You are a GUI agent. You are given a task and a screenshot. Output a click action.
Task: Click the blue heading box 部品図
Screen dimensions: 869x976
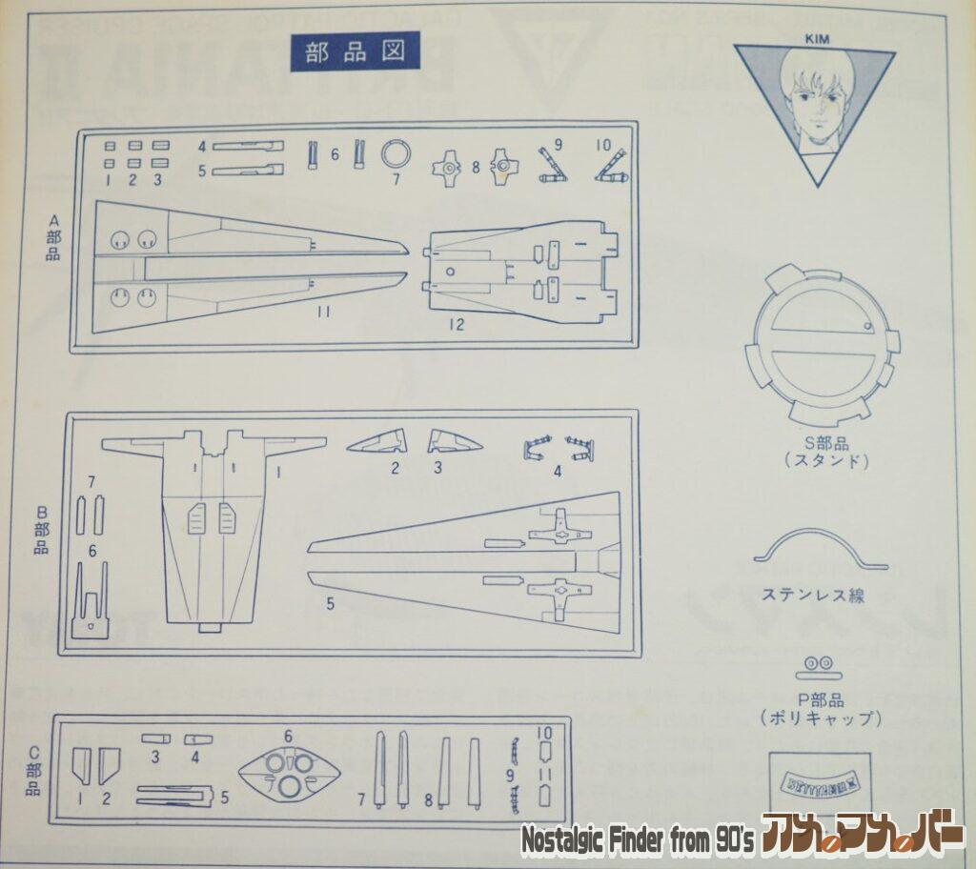(x=355, y=52)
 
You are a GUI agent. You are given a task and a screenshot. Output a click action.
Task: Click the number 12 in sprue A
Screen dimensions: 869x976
(x=456, y=325)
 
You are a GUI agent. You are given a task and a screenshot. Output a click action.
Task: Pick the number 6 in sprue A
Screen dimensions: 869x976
(x=335, y=153)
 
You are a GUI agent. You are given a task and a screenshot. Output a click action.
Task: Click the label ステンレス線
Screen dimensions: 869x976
(x=813, y=596)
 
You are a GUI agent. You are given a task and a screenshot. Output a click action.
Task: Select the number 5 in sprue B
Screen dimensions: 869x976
(x=331, y=603)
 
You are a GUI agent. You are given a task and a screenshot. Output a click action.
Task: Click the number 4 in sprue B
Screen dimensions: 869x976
(x=558, y=469)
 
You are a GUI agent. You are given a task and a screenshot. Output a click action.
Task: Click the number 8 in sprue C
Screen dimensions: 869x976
(x=428, y=800)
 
